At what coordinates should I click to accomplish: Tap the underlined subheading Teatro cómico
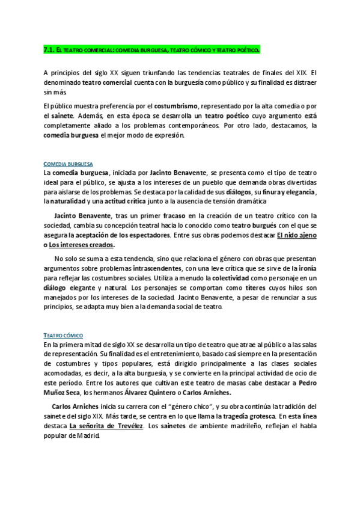(64, 334)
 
